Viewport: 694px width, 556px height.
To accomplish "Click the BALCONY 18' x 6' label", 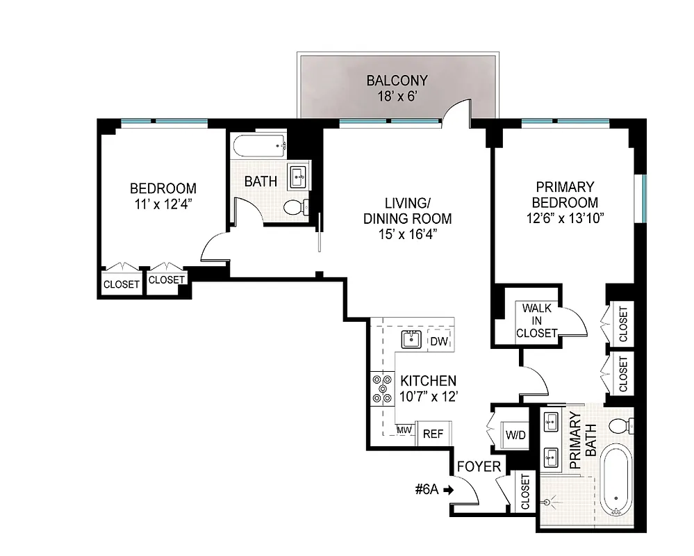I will [x=397, y=88].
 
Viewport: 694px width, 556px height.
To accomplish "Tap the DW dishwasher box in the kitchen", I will [x=438, y=341].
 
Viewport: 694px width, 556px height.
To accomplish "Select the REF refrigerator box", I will [x=433, y=433].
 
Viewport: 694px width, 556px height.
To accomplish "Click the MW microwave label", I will [x=404, y=431].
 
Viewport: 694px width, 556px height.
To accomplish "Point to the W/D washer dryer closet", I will [x=515, y=435].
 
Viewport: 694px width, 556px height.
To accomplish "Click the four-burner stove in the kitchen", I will [x=381, y=389].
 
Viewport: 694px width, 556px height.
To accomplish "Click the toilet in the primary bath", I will [x=620, y=425].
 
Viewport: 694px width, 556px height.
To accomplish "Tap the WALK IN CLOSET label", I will [x=537, y=320].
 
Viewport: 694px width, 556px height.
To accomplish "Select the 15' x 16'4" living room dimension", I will [x=408, y=235].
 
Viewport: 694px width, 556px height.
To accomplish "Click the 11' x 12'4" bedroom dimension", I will [x=164, y=204].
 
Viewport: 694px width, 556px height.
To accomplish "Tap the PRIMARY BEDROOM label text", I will [x=565, y=195].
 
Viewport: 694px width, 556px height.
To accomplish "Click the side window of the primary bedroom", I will [x=645, y=198].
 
